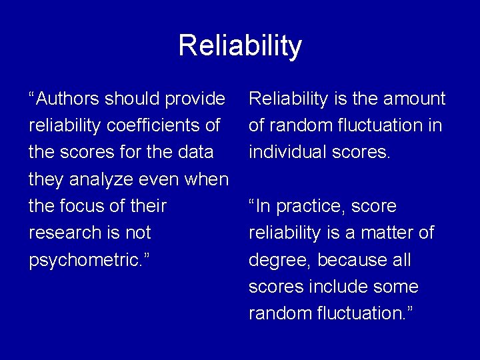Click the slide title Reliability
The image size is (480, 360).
pyautogui.click(x=240, y=46)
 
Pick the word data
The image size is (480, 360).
pyautogui.click(x=194, y=153)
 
